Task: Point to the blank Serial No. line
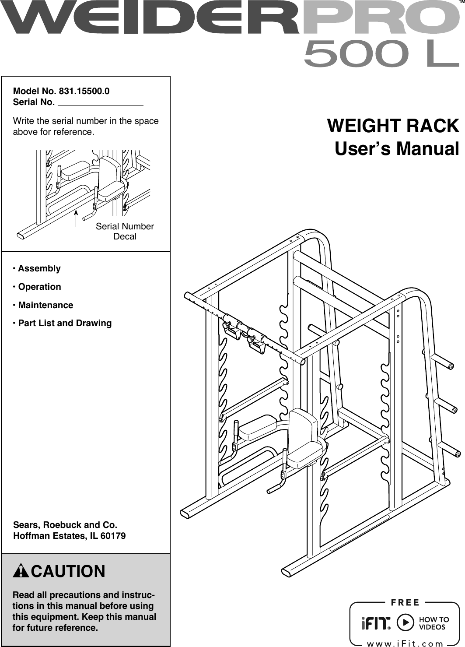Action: tap(101, 103)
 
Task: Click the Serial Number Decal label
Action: tap(125, 231)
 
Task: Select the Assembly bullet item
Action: tap(39, 268)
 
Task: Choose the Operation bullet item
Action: tap(39, 287)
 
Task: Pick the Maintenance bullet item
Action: tap(45, 305)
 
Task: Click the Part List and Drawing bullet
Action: tap(65, 323)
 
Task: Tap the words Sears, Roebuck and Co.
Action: tap(65, 524)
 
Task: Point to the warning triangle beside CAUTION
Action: tap(21, 572)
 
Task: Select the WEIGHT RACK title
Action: tap(393, 126)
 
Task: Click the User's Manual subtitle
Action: tap(397, 148)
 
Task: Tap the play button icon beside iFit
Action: tap(405, 622)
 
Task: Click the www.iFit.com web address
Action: tap(405, 643)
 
